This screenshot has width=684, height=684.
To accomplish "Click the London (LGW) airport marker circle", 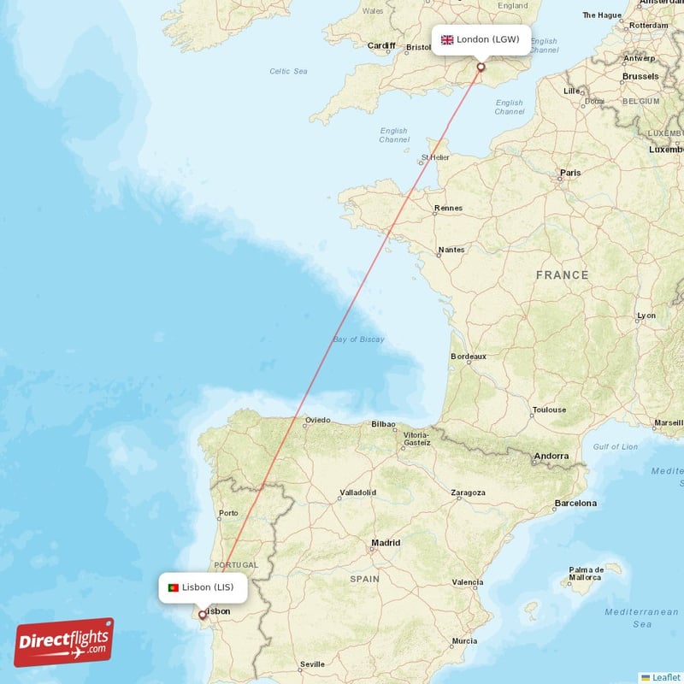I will coord(481,67).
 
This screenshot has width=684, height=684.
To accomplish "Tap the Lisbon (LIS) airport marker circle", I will coord(203,614).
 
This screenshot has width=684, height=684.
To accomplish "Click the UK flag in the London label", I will coord(446,39).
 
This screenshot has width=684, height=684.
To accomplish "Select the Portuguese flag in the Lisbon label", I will coord(174,587).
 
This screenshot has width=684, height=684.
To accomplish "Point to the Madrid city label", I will coord(386,543).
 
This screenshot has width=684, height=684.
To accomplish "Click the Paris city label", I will coord(569,173).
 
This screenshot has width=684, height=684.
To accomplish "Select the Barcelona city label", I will coord(575,503).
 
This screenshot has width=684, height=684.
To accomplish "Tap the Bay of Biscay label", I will coord(358,339).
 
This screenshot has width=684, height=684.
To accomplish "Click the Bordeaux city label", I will coord(468,356).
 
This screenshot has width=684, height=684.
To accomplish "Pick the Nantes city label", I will coord(451,250).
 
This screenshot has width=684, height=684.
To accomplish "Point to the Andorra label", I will coord(551,456).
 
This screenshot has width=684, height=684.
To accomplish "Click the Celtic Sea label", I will coord(288,71).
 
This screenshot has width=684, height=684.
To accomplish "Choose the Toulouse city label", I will coord(548,410).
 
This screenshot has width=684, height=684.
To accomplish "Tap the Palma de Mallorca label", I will coord(587,575).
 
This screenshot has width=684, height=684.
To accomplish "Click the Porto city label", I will coord(228,514).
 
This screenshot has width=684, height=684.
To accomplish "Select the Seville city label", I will coord(312,663).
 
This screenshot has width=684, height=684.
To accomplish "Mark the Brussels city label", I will coord(640,76).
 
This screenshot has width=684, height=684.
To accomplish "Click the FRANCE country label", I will coord(562,274).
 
